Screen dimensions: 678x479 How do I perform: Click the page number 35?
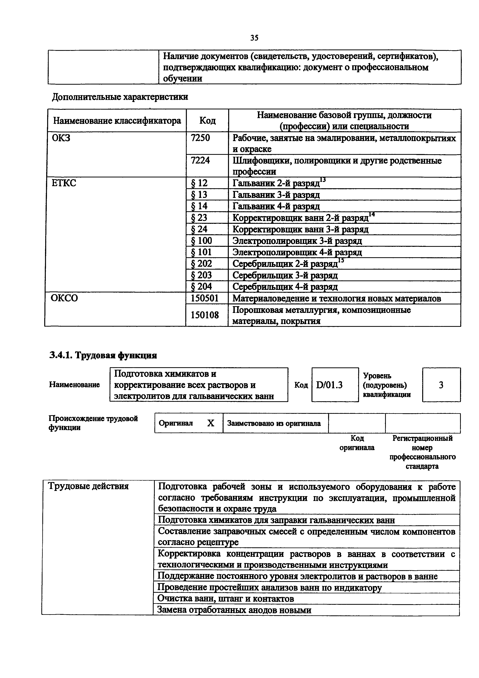tap(254, 38)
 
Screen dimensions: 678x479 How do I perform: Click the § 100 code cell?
tap(202, 241)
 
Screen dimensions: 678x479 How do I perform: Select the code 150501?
tap(205, 298)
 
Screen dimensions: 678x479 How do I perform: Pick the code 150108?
tap(205, 315)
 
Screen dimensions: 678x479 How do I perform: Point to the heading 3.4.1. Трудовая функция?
tap(103, 355)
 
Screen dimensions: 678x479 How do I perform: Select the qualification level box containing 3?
tap(441, 385)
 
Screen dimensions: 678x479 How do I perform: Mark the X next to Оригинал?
tap(210, 423)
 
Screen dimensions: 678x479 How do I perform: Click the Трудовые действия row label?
tap(88, 486)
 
